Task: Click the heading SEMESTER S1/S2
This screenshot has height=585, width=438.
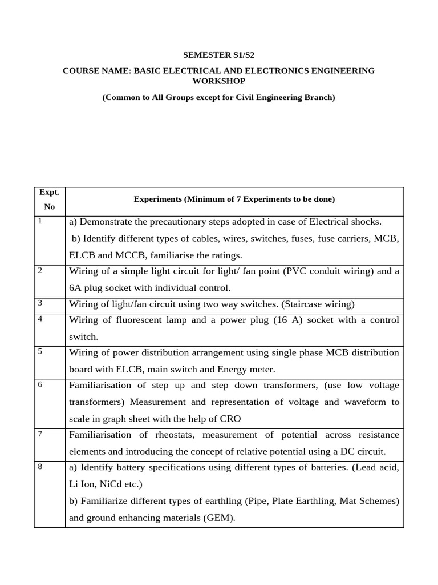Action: click(x=218, y=55)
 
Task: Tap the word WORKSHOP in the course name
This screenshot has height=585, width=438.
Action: click(x=218, y=82)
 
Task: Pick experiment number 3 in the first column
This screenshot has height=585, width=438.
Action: click(x=40, y=303)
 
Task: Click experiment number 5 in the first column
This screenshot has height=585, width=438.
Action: click(x=40, y=351)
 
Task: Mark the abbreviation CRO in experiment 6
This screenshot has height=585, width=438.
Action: click(x=230, y=419)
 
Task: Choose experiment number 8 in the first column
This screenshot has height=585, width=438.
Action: click(x=40, y=467)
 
